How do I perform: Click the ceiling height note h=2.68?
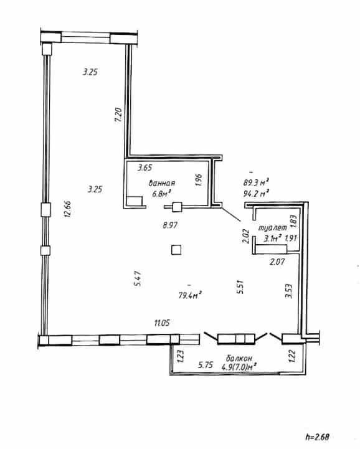coord(317,437)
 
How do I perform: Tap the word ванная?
coord(162,183)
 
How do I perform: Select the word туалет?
coord(273,228)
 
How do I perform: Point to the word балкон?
coord(239,358)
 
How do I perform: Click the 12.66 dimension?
coord(68,209)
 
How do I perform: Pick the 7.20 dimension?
coord(118,115)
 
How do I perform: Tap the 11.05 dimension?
coord(162,323)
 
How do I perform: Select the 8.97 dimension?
coord(170,225)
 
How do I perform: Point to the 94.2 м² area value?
coord(256,194)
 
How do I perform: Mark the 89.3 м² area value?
coord(256,182)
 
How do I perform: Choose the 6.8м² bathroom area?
coord(161,194)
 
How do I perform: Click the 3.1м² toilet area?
coord(272,239)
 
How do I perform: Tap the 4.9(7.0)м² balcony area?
coord(239,367)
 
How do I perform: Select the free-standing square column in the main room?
coord(176,250)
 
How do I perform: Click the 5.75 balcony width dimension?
coord(206,365)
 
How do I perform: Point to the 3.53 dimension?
coord(289,291)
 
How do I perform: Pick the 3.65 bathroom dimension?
coord(144,168)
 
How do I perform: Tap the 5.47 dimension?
coord(138,279)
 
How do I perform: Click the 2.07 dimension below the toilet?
coord(277,262)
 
